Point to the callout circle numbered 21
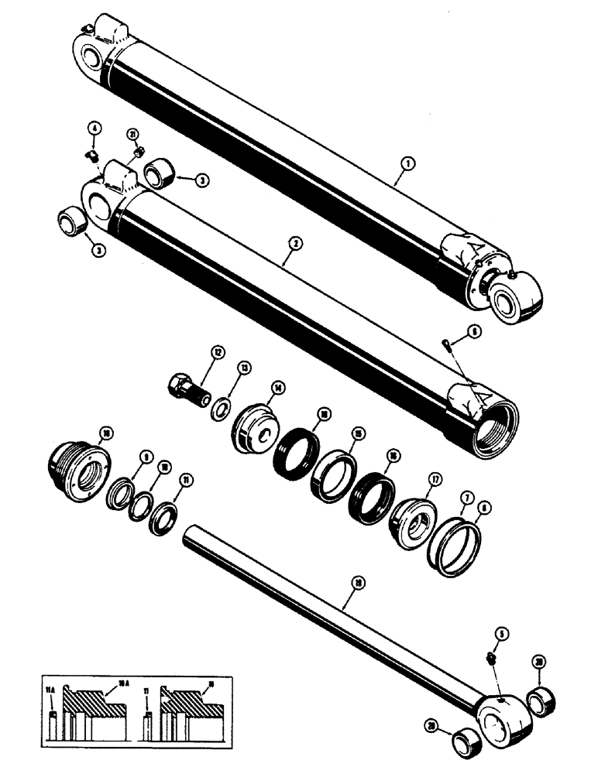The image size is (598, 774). tap(134, 135)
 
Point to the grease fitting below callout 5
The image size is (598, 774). tap(491, 658)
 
